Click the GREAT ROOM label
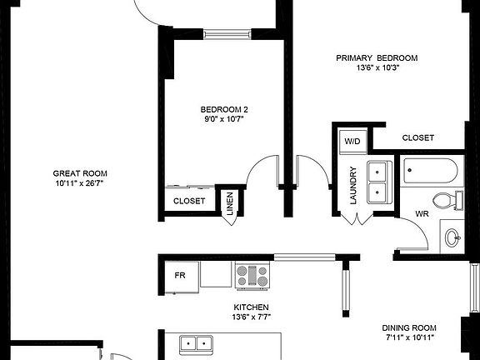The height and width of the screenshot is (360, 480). pyautogui.click(x=79, y=172)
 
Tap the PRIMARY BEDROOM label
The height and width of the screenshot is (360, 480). pyautogui.click(x=377, y=57)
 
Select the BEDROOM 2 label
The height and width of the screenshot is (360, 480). pyautogui.click(x=224, y=109)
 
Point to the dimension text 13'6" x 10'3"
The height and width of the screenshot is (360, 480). pyautogui.click(x=377, y=67)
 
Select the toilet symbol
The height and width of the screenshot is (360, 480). pyautogui.click(x=448, y=201)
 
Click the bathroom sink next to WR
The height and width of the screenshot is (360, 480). pyautogui.click(x=452, y=237)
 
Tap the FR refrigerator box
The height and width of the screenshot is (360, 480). pyautogui.click(x=179, y=275)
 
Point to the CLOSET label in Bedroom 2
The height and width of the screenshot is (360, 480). pyautogui.click(x=189, y=201)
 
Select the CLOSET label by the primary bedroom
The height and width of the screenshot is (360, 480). pyautogui.click(x=417, y=137)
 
